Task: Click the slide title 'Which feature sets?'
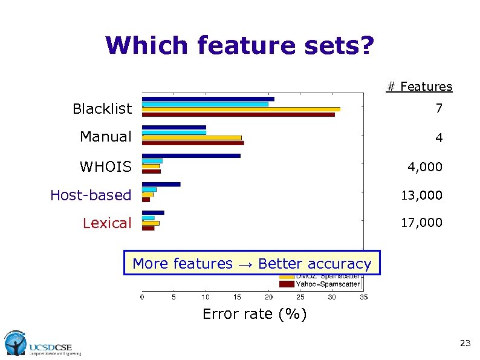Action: point(240,45)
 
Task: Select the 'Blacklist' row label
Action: point(102,109)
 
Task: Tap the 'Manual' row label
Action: point(105,137)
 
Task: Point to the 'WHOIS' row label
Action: point(105,166)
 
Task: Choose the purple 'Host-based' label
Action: point(91,195)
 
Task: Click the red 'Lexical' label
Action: point(106,223)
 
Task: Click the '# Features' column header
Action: point(419,87)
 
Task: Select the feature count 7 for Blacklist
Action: point(438,109)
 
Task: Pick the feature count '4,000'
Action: point(424,167)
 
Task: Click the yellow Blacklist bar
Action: point(241,109)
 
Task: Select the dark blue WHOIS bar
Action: point(191,155)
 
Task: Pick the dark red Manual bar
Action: point(193,143)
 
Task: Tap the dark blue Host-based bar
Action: point(161,184)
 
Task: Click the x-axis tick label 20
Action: point(269,297)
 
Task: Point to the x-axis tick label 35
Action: point(363,297)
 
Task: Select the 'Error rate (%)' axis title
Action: point(255,314)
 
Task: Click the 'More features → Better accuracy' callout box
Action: point(252,263)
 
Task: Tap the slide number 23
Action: point(464,344)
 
